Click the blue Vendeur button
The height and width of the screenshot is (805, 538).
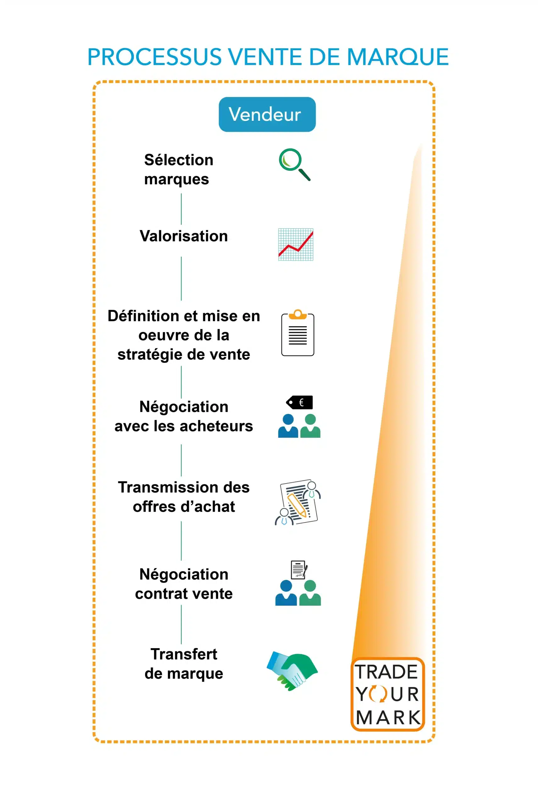267,114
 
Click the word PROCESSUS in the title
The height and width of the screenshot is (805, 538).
154,57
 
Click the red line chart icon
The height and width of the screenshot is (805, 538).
296,244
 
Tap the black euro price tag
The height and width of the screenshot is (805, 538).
300,402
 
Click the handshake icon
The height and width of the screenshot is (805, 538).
292,671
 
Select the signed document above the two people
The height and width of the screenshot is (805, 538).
298,569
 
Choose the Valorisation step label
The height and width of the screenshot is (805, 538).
184,236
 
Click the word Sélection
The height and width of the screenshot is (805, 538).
178,160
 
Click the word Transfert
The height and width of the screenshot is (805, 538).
184,654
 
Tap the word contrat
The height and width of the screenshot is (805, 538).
158,594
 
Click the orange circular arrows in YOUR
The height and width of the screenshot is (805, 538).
378,694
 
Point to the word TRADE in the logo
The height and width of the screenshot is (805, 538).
386,672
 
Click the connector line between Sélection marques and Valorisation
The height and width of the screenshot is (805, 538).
181,209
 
